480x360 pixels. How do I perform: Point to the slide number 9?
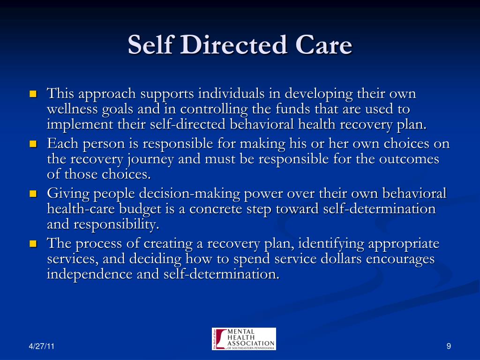coord(449,346)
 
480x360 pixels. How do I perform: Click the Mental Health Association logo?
coord(244,339)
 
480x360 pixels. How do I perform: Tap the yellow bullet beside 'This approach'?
coord(33,94)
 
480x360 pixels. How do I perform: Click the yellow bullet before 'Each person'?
coord(33,144)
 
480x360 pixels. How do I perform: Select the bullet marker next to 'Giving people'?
coord(33,194)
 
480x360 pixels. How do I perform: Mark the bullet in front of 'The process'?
coord(33,244)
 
